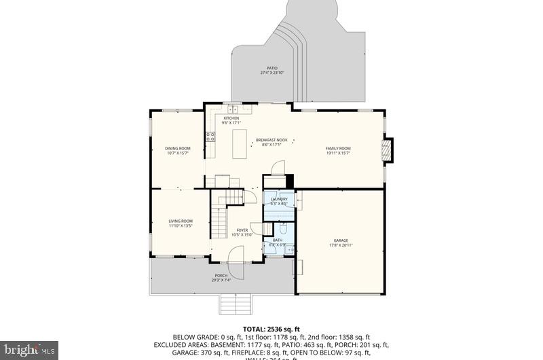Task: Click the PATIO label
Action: click(271, 68)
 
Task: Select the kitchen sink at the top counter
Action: click(232, 108)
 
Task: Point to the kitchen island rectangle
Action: click(240, 143)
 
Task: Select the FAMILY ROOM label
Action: click(338, 148)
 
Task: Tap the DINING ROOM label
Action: click(178, 148)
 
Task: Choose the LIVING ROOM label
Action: click(181, 221)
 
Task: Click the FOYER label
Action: click(242, 230)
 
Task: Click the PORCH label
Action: click(221, 275)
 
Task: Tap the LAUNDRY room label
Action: click(279, 199)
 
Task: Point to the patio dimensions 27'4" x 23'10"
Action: click(271, 73)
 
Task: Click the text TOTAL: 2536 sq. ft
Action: click(271, 328)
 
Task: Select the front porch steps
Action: click(236, 304)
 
